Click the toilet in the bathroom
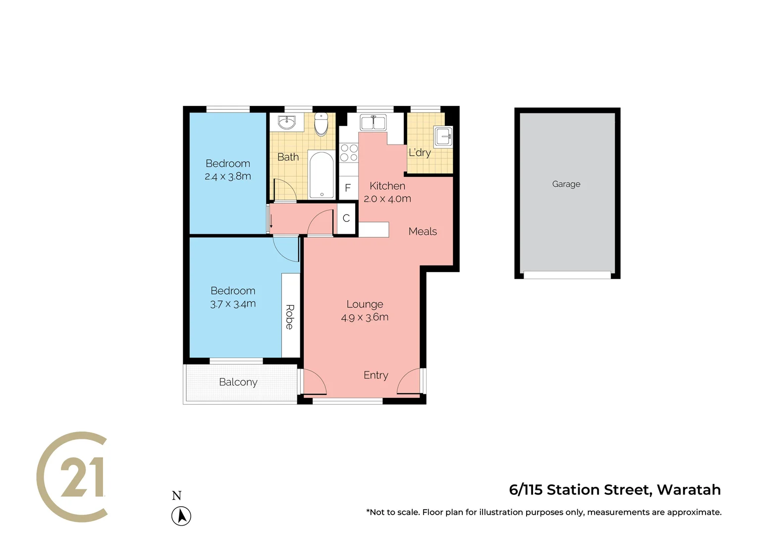click(322, 124)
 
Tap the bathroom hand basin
click(287, 122)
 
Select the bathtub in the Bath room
click(322, 175)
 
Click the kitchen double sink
click(373, 122)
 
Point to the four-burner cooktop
click(349, 153)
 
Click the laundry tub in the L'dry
click(443, 136)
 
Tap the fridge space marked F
click(348, 188)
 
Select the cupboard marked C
click(346, 218)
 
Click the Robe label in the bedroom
click(290, 317)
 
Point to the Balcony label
click(238, 382)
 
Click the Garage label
click(566, 184)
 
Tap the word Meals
click(423, 231)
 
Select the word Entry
click(376, 375)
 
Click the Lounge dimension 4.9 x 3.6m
click(365, 318)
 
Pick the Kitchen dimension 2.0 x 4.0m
click(387, 199)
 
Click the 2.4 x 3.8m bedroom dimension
click(228, 176)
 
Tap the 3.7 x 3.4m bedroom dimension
click(233, 304)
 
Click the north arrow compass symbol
click(181, 516)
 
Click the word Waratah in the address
click(689, 489)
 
